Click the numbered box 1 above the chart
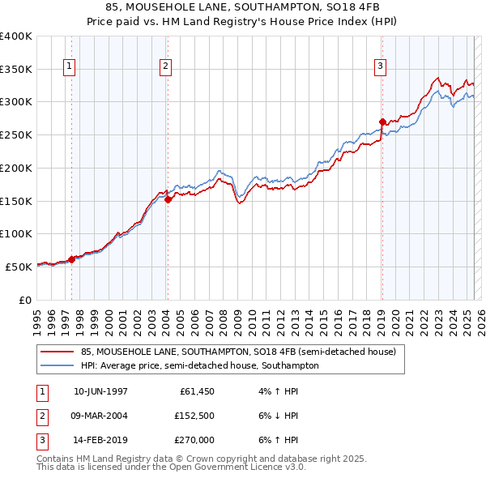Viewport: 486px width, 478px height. click(70, 67)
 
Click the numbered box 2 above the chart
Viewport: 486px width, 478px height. click(165, 67)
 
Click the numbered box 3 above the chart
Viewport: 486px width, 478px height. click(380, 67)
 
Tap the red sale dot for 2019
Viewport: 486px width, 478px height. click(382, 122)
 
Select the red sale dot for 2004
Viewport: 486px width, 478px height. click(168, 199)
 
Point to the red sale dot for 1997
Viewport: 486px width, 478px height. click(71, 259)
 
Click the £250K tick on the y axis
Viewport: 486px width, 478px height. click(16, 134)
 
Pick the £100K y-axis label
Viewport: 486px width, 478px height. click(16, 233)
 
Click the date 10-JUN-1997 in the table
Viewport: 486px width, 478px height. click(100, 391)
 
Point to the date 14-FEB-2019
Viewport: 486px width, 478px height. click(100, 440)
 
